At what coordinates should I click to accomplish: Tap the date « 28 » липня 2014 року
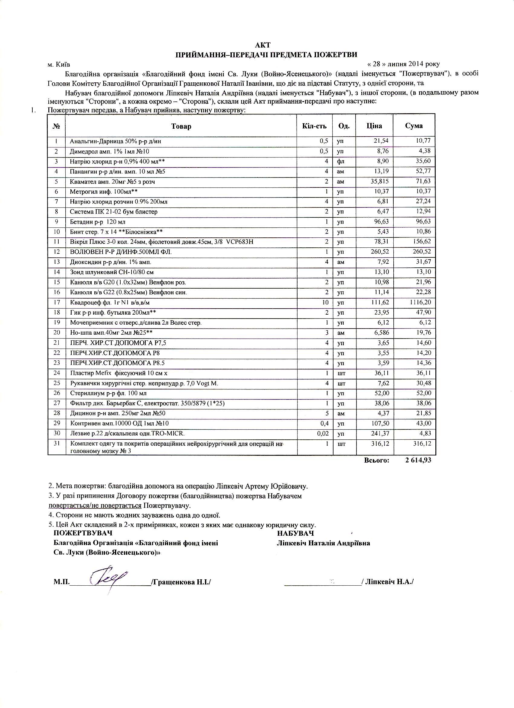click(404, 64)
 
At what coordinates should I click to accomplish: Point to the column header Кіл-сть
click(314, 126)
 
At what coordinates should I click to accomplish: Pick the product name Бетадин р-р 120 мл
click(97, 222)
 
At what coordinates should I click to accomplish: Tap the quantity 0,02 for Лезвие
click(322, 433)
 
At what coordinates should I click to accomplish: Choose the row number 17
click(57, 302)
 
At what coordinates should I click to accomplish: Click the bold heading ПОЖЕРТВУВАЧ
click(83, 533)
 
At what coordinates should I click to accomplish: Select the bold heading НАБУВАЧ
click(295, 533)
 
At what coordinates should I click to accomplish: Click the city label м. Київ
click(59, 65)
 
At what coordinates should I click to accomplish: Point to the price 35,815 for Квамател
click(379, 181)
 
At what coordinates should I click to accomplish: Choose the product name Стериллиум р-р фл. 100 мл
click(108, 393)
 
